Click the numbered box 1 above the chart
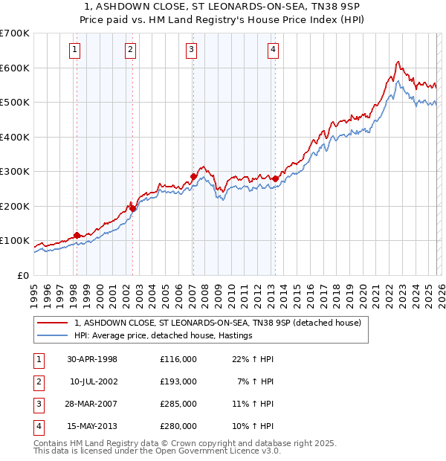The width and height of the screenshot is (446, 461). [76, 50]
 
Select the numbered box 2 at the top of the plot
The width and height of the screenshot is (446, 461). [131, 50]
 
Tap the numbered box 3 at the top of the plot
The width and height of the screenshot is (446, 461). [192, 50]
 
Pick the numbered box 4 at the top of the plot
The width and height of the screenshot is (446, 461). [274, 50]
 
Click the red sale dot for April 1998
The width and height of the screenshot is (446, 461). [77, 235]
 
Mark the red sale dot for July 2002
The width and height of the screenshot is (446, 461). [132, 208]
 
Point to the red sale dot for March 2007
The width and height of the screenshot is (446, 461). [193, 177]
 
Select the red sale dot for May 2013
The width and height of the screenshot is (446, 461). [275, 178]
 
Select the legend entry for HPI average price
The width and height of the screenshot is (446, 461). [163, 335]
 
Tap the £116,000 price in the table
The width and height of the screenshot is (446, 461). [178, 359]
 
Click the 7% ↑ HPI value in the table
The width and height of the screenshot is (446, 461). [259, 381]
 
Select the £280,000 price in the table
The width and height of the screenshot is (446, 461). [178, 426]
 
